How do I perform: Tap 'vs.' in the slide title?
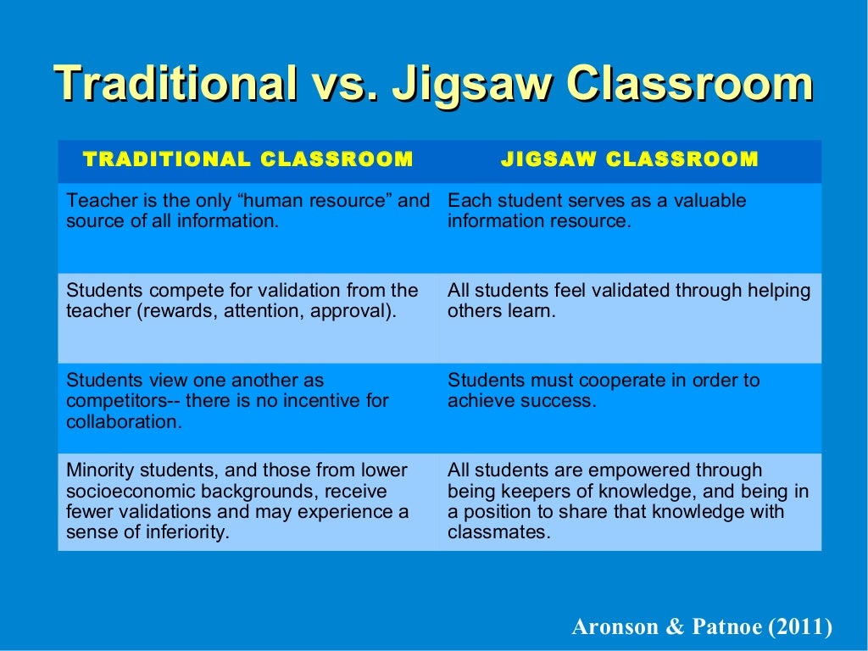point(345,85)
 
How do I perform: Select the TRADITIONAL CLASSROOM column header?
point(248,159)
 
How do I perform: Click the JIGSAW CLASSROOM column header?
point(630,159)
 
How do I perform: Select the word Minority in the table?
point(97,470)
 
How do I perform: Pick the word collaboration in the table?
point(122,421)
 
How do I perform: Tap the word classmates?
point(498,533)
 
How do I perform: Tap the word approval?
point(357,311)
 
